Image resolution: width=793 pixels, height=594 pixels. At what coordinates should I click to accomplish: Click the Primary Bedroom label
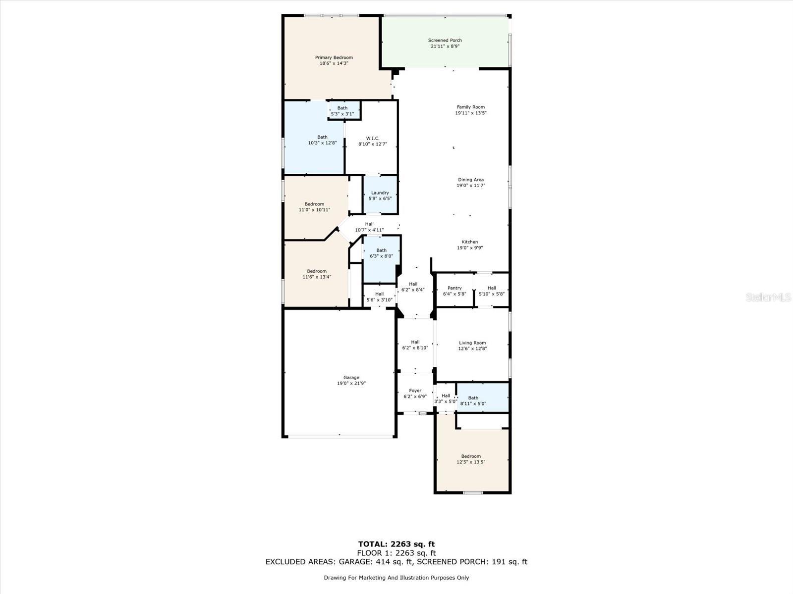334,57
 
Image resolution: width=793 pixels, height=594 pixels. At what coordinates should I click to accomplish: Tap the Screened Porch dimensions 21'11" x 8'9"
445,46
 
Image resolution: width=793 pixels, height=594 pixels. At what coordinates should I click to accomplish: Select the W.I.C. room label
373,138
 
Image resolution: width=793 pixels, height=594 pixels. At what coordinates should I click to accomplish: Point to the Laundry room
380,195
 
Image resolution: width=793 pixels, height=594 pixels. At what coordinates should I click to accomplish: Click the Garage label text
351,378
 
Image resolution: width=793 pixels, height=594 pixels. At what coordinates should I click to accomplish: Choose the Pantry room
454,290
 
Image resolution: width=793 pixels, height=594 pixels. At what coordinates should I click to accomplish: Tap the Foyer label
415,391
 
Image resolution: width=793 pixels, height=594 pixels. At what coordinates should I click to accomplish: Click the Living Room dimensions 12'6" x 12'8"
472,349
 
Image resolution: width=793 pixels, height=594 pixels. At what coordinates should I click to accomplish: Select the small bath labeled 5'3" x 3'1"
344,110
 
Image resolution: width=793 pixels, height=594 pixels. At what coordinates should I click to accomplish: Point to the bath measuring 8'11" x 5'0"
483,397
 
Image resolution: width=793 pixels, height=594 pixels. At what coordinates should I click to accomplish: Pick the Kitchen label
470,242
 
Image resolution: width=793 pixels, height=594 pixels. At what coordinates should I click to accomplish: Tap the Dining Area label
471,180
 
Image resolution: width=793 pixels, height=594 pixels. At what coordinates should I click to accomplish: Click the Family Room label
471,107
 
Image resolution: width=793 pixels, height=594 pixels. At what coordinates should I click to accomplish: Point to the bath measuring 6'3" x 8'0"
381,259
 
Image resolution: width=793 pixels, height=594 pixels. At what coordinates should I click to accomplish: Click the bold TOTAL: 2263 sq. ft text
396,544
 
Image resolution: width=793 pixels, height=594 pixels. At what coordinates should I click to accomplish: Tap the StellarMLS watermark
768,297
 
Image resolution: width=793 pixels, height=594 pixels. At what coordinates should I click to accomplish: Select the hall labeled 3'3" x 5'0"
446,398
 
